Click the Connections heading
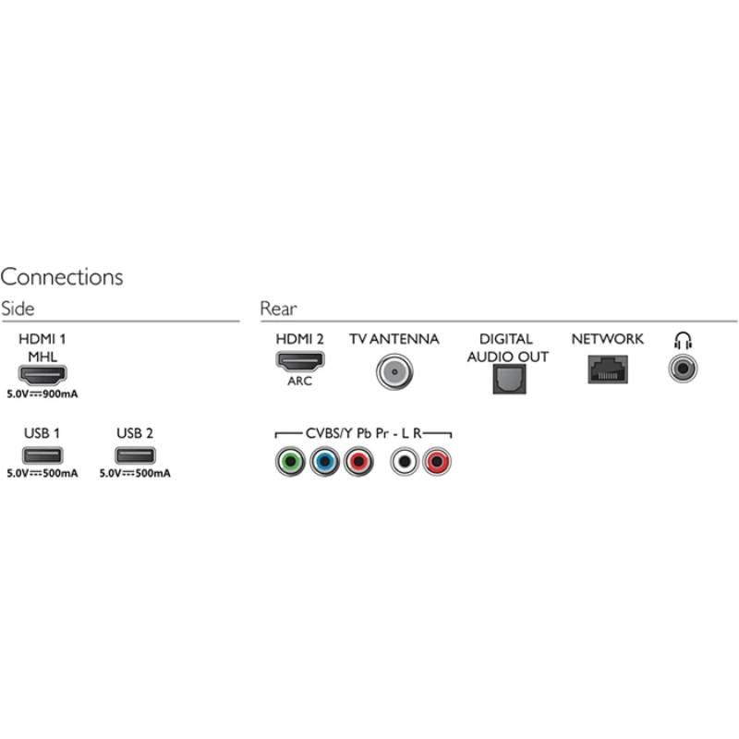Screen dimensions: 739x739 pyautogui.click(x=62, y=276)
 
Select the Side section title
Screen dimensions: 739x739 pyautogui.click(x=18, y=309)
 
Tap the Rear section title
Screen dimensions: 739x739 pyautogui.click(x=278, y=309)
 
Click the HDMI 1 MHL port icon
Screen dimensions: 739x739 pyautogui.click(x=42, y=375)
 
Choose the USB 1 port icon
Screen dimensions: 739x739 pyautogui.click(x=42, y=455)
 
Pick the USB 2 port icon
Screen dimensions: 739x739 pyautogui.click(x=135, y=455)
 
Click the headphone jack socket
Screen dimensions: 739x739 pyautogui.click(x=684, y=369)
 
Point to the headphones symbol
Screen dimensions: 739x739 pyautogui.click(x=684, y=340)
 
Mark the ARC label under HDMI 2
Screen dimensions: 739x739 pyautogui.click(x=299, y=380)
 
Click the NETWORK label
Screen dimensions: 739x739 pyautogui.click(x=607, y=339)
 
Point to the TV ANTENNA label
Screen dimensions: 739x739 pyautogui.click(x=394, y=339)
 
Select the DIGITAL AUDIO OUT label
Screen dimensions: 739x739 pyautogui.click(x=507, y=347)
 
